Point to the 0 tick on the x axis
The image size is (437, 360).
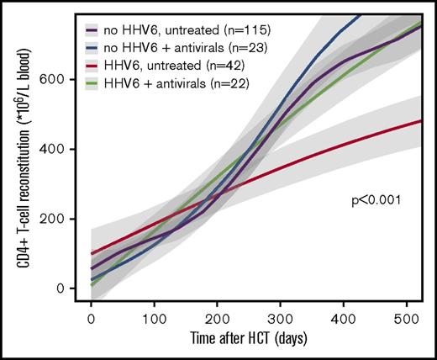[91, 320]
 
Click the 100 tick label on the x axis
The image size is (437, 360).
[154, 320]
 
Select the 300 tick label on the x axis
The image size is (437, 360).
[282, 320]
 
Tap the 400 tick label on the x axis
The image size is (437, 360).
[345, 320]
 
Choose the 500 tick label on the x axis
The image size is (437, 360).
[409, 320]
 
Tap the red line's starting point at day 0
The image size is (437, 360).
[91, 253]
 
